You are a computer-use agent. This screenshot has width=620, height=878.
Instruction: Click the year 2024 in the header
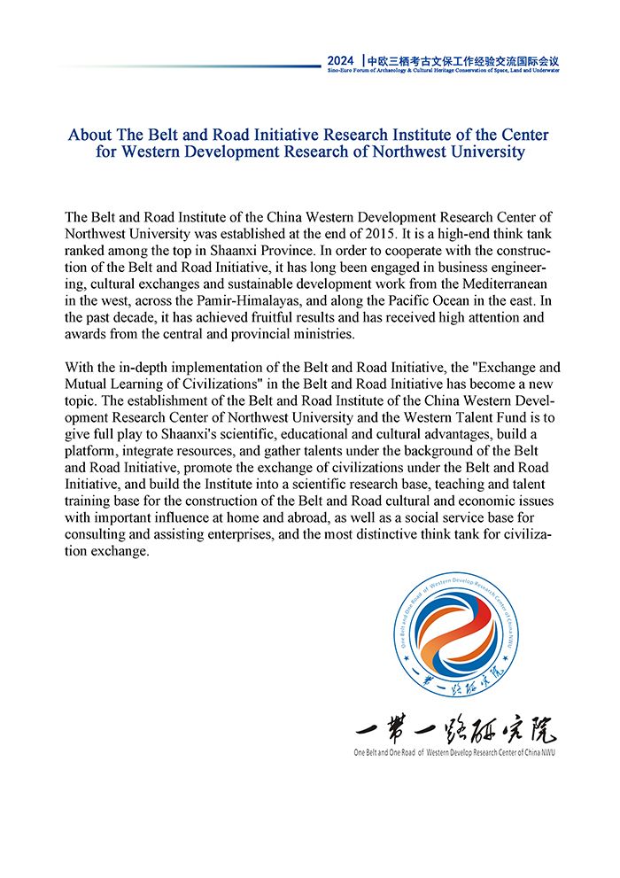(340, 60)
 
